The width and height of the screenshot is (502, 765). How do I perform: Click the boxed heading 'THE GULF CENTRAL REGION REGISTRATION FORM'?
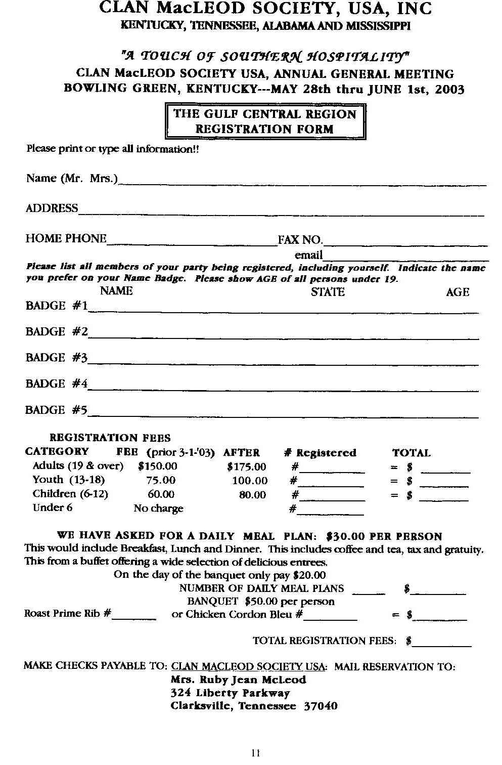click(265, 121)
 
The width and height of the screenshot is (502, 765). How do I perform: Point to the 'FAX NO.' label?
click(300, 240)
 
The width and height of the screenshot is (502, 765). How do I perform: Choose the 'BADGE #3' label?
click(56, 358)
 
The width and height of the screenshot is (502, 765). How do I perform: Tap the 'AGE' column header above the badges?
click(457, 292)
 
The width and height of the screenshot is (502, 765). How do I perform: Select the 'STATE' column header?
click(328, 292)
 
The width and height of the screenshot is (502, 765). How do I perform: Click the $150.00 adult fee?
click(158, 466)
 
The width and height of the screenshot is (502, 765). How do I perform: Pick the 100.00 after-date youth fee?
click(250, 481)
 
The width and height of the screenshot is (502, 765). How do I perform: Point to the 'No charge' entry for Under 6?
click(158, 508)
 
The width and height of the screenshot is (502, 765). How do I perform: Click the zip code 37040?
click(320, 706)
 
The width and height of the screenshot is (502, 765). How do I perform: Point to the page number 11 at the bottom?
click(255, 752)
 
